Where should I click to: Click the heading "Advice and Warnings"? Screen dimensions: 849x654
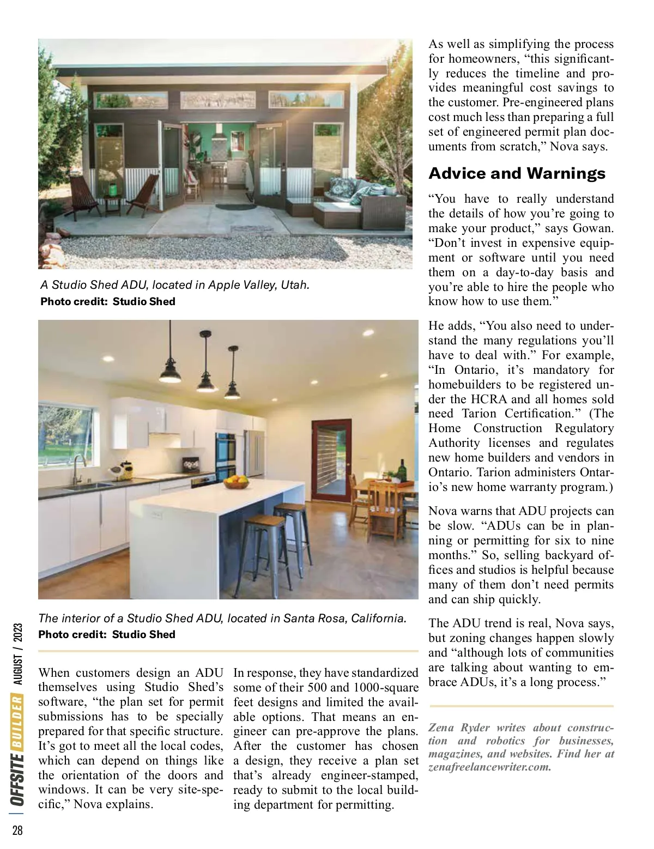pos(517,173)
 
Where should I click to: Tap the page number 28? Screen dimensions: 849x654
pos(17,830)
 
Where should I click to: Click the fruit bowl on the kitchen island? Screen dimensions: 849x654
pos(237,482)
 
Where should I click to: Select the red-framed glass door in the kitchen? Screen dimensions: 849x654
pos(331,458)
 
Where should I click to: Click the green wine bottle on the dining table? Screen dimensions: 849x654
pos(403,470)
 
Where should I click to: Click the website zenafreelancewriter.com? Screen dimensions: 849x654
pos(489,767)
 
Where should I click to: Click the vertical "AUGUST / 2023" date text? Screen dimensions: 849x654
pos(18,654)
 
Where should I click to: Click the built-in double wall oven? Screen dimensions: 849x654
pos(225,456)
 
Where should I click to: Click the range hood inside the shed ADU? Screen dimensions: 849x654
pos(219,134)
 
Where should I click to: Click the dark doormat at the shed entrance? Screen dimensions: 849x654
pos(235,207)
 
